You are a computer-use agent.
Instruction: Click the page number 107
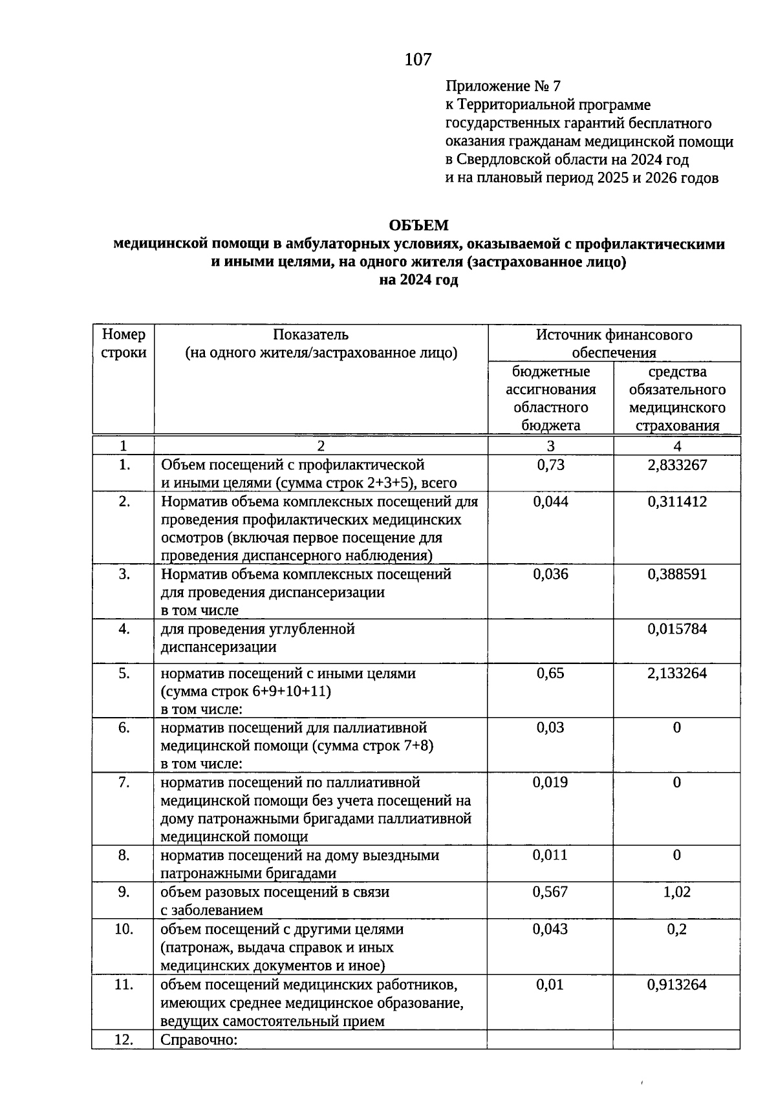[x=418, y=59]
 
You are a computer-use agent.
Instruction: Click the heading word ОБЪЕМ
[x=418, y=225]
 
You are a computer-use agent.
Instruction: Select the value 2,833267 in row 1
[x=677, y=465]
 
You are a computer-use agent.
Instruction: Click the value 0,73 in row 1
[x=550, y=465]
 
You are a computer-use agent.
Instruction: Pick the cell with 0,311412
[x=677, y=502]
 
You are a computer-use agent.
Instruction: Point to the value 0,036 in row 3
[x=550, y=574]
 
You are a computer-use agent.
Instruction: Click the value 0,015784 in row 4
[x=677, y=629]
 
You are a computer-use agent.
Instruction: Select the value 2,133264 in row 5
[x=677, y=673]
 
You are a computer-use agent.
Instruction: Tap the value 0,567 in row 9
[x=550, y=892]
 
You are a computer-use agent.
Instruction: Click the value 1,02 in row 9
[x=677, y=892]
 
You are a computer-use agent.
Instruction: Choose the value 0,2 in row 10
[x=677, y=929]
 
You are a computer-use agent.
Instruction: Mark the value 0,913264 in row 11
[x=677, y=985]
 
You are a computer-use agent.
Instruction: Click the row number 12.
[x=123, y=1040]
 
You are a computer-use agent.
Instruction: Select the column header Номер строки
[x=124, y=343]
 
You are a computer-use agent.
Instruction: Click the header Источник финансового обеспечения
[x=614, y=343]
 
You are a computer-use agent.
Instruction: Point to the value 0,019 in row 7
[x=550, y=782]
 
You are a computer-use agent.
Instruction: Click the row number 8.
[x=124, y=855]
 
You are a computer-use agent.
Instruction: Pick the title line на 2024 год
[x=418, y=280]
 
